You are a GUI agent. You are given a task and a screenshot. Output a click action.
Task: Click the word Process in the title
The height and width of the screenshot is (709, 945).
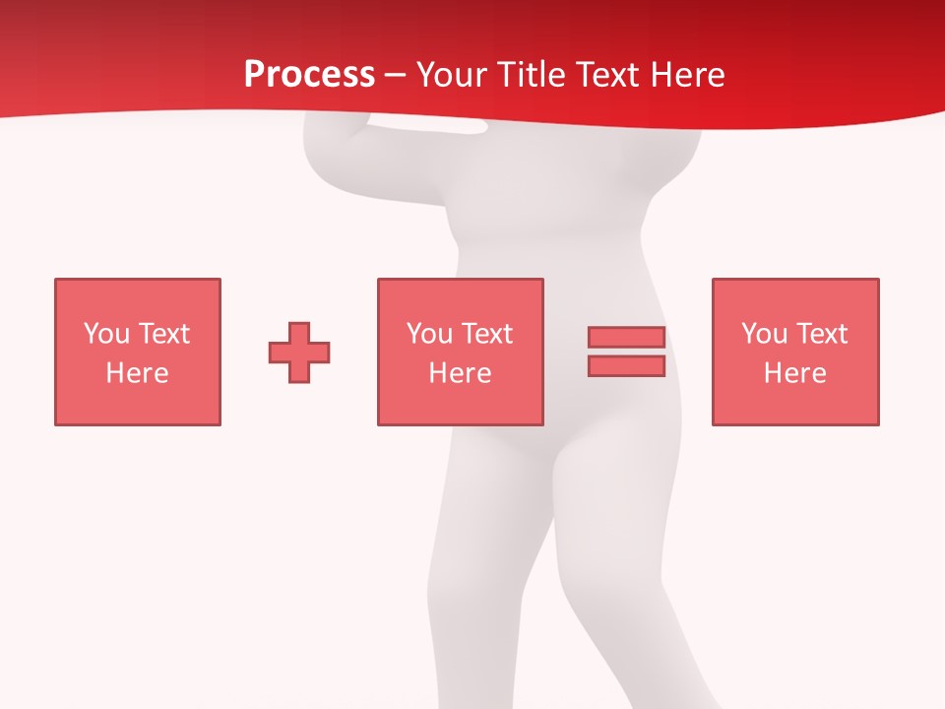click(x=309, y=74)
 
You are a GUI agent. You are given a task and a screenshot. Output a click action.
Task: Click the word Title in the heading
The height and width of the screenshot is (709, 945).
click(x=531, y=74)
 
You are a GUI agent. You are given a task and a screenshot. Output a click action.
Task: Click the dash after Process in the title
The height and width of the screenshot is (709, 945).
click(x=395, y=75)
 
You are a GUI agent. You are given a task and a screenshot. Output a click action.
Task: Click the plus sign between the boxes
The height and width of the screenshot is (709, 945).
click(x=299, y=353)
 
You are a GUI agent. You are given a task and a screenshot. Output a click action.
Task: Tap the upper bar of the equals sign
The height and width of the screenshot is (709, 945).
click(x=626, y=338)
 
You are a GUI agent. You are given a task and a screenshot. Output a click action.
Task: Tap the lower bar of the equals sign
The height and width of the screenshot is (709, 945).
click(x=626, y=366)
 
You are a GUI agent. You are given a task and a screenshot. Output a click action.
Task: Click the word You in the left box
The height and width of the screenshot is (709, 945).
click(x=106, y=334)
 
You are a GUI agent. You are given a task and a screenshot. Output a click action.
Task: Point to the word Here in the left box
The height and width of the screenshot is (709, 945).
click(x=138, y=373)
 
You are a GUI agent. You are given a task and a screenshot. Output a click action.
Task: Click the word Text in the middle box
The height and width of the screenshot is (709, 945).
click(x=487, y=334)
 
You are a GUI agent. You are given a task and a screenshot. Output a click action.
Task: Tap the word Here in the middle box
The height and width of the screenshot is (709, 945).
click(x=461, y=373)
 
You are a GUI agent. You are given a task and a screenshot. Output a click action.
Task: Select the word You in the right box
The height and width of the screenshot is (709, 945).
click(x=764, y=334)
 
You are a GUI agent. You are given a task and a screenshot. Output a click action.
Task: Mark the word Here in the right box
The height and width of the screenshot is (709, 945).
click(x=795, y=373)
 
